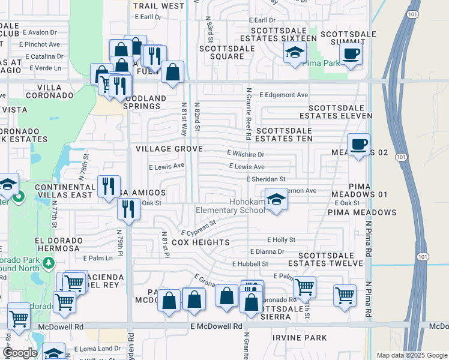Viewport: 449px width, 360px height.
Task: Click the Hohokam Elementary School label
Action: point(231,206)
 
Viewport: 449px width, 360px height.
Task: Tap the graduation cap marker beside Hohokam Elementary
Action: point(276,200)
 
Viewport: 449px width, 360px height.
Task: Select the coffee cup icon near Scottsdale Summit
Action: point(351,53)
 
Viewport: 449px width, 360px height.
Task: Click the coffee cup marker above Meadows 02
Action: point(359,144)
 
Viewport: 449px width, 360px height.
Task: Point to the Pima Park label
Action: point(319,62)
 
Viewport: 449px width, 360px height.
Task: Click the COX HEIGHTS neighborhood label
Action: point(200,242)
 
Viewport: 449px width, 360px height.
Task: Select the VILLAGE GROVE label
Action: point(169,148)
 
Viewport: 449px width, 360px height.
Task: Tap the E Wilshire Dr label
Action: point(246,154)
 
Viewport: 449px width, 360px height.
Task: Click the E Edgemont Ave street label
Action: point(283,95)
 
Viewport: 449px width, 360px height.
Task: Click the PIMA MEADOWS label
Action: point(362,212)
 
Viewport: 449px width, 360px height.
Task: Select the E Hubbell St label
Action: point(250,264)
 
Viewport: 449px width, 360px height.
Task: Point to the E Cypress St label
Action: point(198,228)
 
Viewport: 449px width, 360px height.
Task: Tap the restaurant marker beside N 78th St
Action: point(109,185)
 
